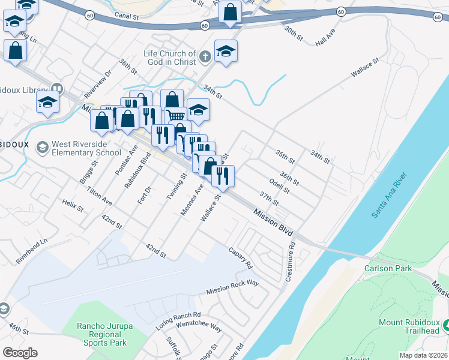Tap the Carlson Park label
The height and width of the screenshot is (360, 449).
388,268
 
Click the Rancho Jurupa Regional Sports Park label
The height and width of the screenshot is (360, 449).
102,334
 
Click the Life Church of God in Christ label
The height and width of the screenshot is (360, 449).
170,58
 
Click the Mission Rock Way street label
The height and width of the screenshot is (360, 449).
232,287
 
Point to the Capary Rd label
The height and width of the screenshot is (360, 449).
240,256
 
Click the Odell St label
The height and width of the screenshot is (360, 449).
280,186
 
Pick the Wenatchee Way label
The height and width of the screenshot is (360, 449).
199,326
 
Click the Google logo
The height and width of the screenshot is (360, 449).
20,352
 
